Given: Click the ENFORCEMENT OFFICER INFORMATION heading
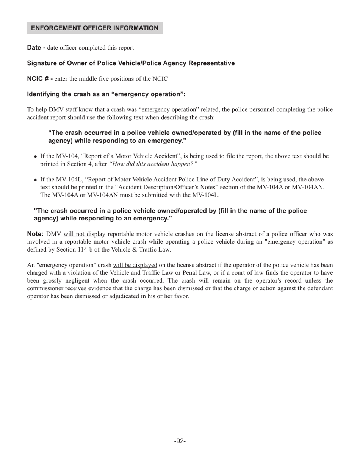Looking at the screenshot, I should pyautogui.click(x=94, y=28).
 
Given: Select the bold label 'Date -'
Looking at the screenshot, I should pyautogui.click(x=36, y=48).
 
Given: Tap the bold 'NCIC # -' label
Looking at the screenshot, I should pyautogui.click(x=39, y=79).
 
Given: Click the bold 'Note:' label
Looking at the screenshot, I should pyautogui.click(x=35, y=234).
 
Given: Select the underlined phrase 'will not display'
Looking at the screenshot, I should pyautogui.click(x=84, y=234).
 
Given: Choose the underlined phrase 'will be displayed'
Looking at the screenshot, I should pyautogui.click(x=135, y=265).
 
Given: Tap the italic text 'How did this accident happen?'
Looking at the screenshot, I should pyautogui.click(x=153, y=164).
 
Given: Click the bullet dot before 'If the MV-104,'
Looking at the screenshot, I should pyautogui.click(x=36, y=156).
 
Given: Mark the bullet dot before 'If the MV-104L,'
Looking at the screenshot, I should pyautogui.click(x=36, y=180).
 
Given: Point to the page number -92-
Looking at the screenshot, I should pyautogui.click(x=180, y=441).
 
